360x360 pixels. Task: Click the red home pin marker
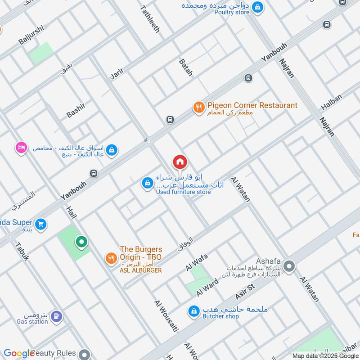[x=180, y=162]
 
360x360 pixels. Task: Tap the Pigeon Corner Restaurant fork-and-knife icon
[x=198, y=107]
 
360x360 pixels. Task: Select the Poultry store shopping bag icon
[x=257, y=7]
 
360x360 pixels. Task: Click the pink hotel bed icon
[x=21, y=148]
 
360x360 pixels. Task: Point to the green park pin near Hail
[x=81, y=243]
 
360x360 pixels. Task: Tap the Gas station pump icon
[x=56, y=316]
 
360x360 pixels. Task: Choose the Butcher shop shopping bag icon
[x=194, y=311]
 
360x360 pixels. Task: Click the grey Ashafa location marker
[x=290, y=267]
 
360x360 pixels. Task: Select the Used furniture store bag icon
[x=147, y=183]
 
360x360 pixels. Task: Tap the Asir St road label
[x=245, y=292]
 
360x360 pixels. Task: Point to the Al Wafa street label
[x=197, y=262]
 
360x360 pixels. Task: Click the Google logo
[x=19, y=354]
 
